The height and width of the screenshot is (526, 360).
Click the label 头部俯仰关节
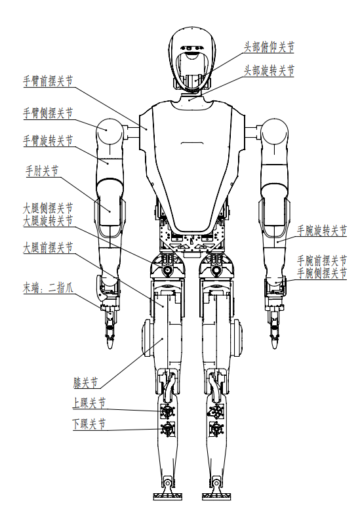(269, 47)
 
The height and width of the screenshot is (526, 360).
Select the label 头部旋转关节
(269, 71)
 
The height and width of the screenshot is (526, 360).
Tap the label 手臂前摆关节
(48, 81)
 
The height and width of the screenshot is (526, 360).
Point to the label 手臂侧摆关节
(48, 113)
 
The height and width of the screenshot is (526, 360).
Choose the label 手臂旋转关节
(48, 140)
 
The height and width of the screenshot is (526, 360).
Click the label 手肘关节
(42, 171)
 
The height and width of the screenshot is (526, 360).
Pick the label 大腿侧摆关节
(48, 209)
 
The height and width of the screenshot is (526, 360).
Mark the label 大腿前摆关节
(48, 247)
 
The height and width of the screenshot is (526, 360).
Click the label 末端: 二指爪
(48, 288)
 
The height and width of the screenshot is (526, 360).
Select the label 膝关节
(85, 383)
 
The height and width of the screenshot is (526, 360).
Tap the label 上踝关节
(89, 403)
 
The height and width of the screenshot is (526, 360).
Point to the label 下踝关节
(89, 424)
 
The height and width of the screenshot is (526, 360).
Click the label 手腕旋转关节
(322, 230)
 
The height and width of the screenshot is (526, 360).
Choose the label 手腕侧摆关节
(322, 273)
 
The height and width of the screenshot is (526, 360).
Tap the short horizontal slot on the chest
(192, 144)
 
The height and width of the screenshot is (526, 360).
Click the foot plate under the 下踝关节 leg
(167, 495)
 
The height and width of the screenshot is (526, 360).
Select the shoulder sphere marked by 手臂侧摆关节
(109, 131)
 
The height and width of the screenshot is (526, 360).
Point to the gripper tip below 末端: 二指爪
(110, 343)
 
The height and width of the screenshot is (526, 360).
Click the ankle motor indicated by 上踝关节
(167, 411)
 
